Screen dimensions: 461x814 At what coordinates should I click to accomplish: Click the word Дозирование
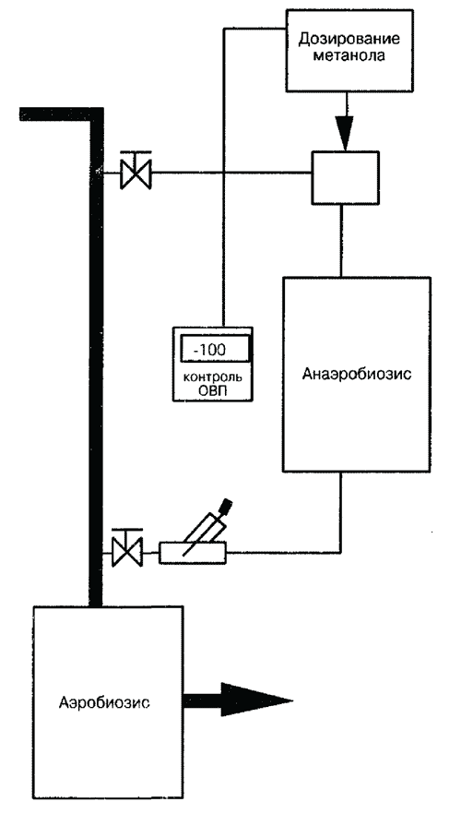point(351,41)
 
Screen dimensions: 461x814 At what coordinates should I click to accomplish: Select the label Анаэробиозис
point(357,374)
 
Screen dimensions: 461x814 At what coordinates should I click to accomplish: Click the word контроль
point(213,377)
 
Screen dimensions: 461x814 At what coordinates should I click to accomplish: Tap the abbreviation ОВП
point(213,390)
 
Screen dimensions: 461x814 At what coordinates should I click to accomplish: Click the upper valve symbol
point(136,174)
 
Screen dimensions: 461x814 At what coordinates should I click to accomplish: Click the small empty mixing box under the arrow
point(345,177)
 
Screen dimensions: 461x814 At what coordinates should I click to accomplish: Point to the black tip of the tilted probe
point(226,504)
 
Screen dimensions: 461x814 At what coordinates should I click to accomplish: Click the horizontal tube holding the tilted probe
point(193,553)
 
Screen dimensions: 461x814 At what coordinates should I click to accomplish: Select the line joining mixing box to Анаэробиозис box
point(341,240)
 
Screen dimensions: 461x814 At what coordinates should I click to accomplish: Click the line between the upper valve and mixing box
point(230,173)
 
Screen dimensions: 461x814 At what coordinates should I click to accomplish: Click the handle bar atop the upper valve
point(136,151)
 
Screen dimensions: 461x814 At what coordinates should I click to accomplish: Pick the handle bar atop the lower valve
point(127,531)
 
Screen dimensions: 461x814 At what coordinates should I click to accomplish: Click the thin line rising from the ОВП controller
point(223,176)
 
